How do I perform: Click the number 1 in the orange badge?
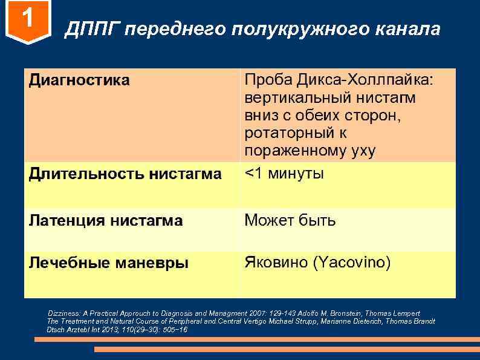[x=27, y=21]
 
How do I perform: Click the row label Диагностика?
[x=79, y=80]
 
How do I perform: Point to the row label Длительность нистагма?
[x=125, y=174]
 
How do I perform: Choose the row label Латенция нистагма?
[x=106, y=221]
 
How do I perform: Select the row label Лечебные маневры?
[x=109, y=263]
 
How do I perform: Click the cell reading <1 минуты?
[x=284, y=174]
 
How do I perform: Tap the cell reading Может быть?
[x=290, y=220]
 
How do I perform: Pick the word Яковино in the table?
[x=275, y=263]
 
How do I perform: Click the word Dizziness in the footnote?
[x=64, y=313]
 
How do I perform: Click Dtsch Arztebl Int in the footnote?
[x=77, y=329]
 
